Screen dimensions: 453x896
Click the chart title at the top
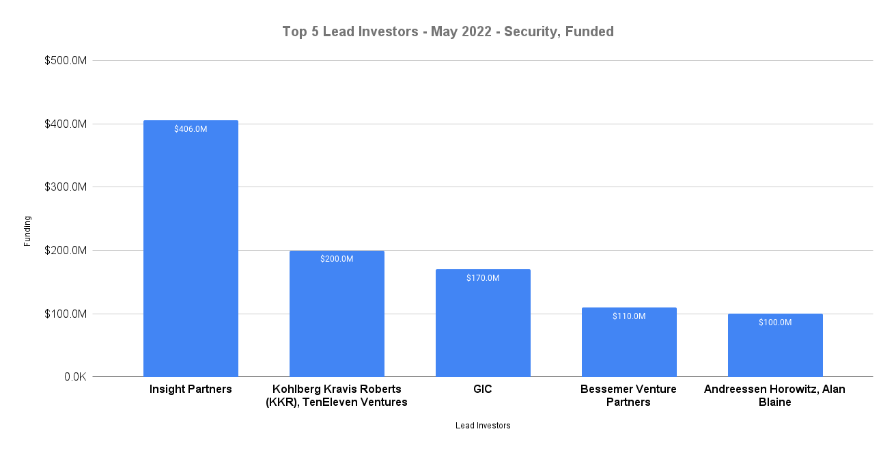click(x=448, y=31)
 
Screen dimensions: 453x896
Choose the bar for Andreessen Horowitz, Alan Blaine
click(x=775, y=346)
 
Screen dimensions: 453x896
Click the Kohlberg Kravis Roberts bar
click(x=337, y=314)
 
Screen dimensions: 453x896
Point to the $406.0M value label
click(x=191, y=128)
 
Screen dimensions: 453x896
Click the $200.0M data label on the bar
click(x=337, y=259)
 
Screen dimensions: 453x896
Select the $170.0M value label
click(x=483, y=278)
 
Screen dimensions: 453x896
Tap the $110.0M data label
click(x=629, y=316)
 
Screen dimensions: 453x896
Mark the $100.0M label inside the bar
click(x=775, y=322)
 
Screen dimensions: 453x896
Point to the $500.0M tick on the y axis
click(x=66, y=61)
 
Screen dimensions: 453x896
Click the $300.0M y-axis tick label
click(x=66, y=187)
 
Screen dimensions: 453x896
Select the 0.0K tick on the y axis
click(x=72, y=377)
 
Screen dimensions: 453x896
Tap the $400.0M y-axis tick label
click(x=66, y=124)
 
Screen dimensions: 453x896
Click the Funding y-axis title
click(x=27, y=231)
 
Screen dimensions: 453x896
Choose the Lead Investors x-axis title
click(x=483, y=426)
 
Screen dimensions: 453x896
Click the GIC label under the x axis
click(x=483, y=389)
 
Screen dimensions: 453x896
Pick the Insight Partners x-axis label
click(x=191, y=389)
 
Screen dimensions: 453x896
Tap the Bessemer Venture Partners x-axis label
click(x=629, y=396)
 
